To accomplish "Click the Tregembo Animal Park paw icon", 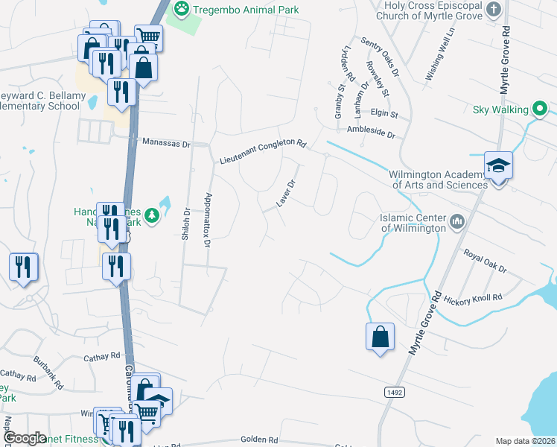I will (181, 9).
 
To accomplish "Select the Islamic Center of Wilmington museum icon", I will (456, 221).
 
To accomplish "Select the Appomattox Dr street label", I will (207, 218).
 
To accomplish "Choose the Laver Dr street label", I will (286, 193).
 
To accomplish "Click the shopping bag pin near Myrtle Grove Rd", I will (380, 336).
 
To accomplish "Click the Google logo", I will (25, 438).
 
